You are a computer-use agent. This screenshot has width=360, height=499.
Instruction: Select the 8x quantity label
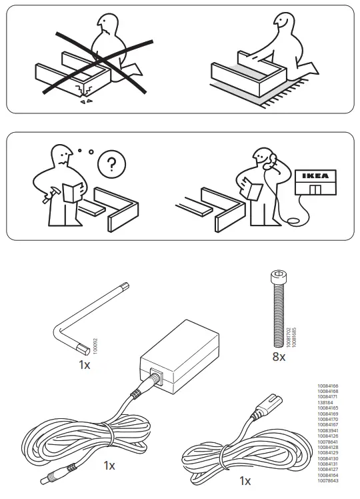[x=278, y=357]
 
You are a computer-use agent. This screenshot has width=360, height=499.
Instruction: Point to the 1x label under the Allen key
[x=85, y=365]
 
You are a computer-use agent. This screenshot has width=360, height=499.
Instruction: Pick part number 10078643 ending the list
[x=329, y=482]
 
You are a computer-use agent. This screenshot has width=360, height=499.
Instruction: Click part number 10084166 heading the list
[x=329, y=386]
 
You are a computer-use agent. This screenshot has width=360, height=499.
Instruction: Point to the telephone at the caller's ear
[x=272, y=161]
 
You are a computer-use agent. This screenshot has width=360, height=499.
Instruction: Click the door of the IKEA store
[x=316, y=189]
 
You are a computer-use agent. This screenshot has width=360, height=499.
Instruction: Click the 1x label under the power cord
[x=245, y=480]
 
